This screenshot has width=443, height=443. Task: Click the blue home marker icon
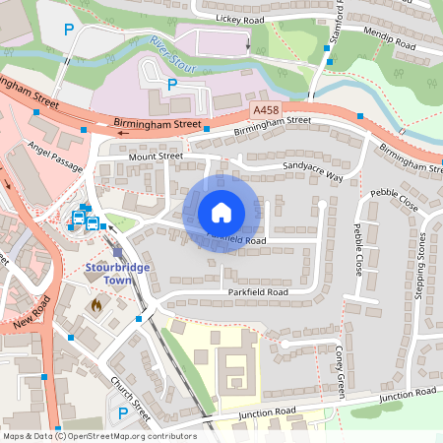click(221, 213)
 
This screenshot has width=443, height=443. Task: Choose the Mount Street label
click(156, 156)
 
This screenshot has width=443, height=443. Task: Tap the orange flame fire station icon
click(95, 306)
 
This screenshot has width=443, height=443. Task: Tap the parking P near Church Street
click(122, 414)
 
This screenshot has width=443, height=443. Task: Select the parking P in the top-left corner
click(68, 31)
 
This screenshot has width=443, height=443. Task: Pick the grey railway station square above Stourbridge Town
click(117, 252)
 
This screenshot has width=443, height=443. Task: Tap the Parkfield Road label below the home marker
click(256, 292)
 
